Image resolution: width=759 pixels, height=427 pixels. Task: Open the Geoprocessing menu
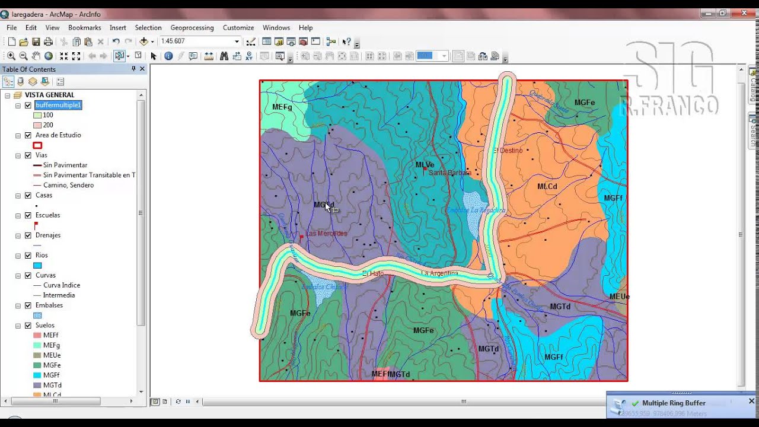click(192, 28)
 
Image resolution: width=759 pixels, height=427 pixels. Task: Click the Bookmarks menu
click(84, 28)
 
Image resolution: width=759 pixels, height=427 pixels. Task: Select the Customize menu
click(238, 28)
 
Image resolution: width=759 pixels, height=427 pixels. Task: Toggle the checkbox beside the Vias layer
click(28, 155)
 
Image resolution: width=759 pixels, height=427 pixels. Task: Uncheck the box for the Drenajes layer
click(28, 235)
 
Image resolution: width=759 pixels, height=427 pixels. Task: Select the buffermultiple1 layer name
click(58, 105)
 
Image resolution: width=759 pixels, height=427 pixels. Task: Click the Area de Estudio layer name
click(58, 135)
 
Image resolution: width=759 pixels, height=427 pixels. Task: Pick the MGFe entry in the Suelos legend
click(52, 365)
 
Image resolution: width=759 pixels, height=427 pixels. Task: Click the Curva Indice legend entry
click(61, 285)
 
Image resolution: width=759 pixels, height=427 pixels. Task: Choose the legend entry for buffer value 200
click(47, 125)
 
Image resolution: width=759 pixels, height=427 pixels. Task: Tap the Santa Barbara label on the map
click(449, 173)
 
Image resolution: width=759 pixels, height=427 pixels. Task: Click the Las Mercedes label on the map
click(326, 234)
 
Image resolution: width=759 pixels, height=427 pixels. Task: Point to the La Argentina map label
click(439, 273)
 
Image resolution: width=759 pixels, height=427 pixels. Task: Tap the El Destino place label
click(508, 151)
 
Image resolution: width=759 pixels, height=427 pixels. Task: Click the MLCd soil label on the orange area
click(547, 186)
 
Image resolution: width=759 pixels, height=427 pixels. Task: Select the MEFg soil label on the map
click(282, 107)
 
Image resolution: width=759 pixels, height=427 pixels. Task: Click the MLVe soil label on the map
click(425, 165)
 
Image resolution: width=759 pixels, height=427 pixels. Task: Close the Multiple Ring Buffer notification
click(751, 401)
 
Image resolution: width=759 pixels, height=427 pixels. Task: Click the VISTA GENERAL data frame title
click(49, 95)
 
